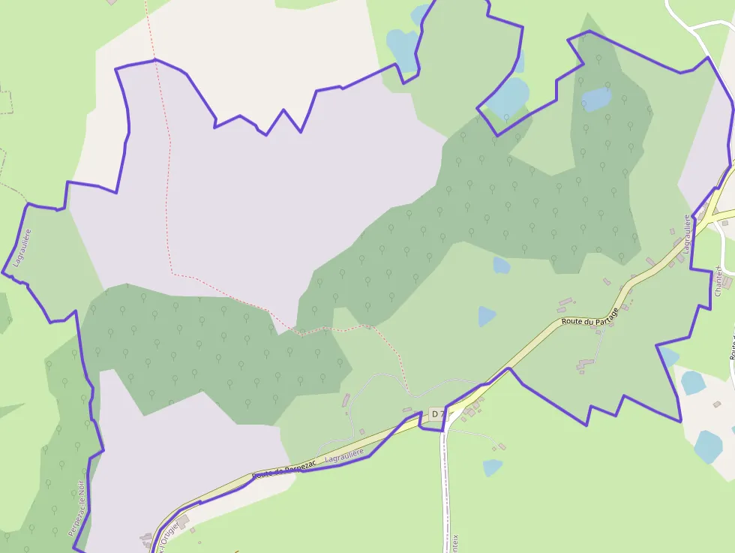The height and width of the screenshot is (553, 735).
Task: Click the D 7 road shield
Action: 438,414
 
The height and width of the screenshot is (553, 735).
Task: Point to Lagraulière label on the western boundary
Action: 19,248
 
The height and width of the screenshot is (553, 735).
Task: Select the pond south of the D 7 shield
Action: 492,467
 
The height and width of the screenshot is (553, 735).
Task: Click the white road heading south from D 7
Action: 448,488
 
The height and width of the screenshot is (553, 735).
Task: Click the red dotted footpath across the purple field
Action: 169,188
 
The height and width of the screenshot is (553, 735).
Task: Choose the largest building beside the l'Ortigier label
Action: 183,520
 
